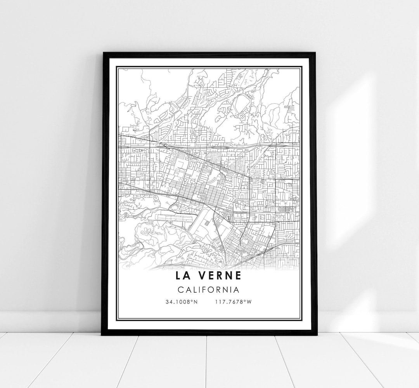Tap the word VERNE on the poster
tap(221, 275)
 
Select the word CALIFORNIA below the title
tap(208, 289)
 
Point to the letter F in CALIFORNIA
tap(203, 289)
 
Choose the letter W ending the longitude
tap(250, 302)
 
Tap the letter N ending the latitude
tap(196, 302)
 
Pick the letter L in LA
tap(179, 275)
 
